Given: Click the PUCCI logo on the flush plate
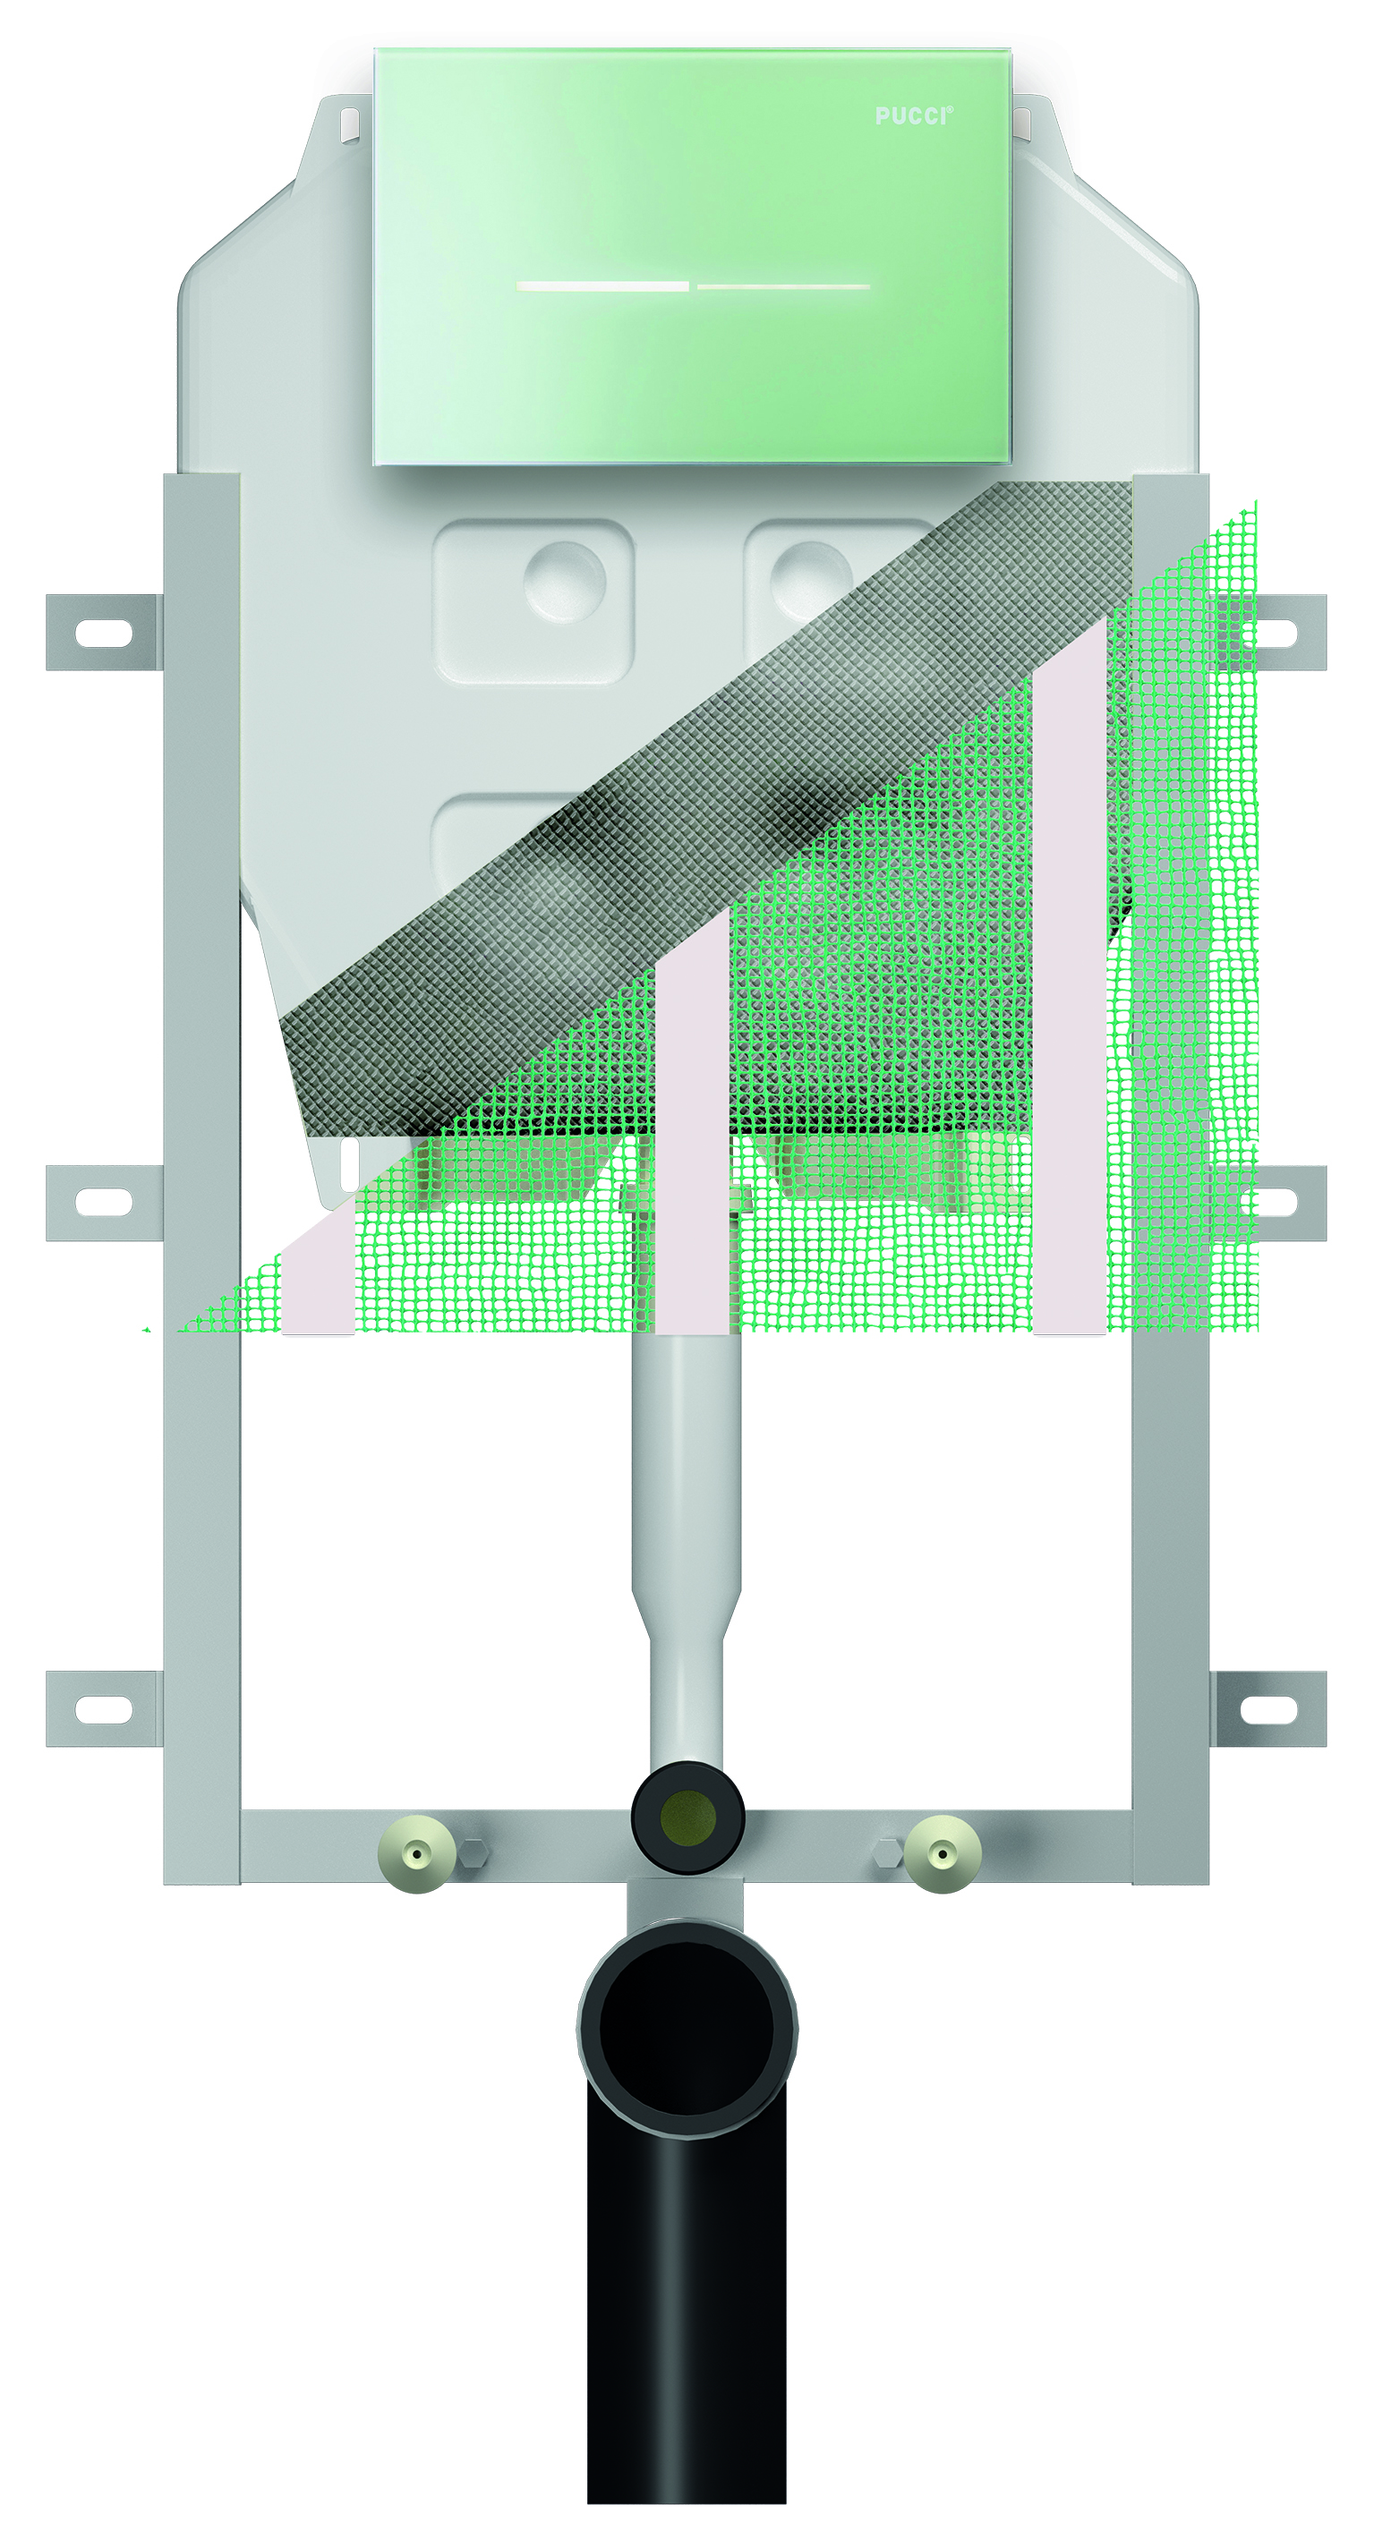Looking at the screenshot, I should tap(913, 116).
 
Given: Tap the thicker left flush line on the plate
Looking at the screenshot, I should tap(602, 286).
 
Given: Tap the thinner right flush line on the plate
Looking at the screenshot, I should tap(784, 286).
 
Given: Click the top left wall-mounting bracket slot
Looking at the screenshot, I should tap(104, 634).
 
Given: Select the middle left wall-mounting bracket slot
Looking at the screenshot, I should tap(104, 1203).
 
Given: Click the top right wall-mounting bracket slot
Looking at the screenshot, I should tap(1270, 634).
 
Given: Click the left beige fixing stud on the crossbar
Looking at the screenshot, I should tap(418, 1854).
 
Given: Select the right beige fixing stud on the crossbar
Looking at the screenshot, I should tap(943, 1854).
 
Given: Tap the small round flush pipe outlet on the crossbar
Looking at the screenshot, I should tap(687, 1816).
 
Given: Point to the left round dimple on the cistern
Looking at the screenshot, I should tap(565, 581).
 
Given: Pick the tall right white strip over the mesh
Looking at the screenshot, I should tap(1071, 985).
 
